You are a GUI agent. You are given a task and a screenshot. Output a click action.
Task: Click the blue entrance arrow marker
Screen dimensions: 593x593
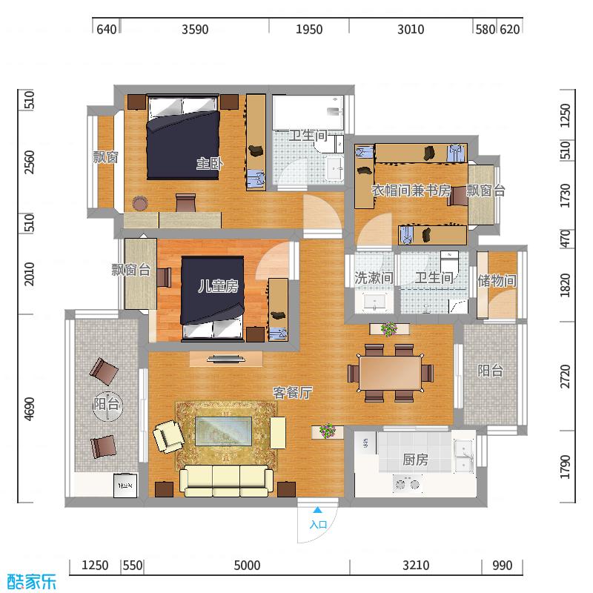click(318, 509)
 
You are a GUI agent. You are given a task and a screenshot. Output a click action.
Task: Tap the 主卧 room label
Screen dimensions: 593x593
click(210, 163)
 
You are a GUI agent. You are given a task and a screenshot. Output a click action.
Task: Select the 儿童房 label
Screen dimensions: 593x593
click(219, 286)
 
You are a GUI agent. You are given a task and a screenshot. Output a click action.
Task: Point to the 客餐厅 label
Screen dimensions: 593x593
click(292, 393)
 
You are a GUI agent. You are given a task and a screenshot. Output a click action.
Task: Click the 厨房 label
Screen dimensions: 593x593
click(415, 460)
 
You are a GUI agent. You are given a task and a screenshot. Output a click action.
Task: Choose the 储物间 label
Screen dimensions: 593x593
click(497, 280)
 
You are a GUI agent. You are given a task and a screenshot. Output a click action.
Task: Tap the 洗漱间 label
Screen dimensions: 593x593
click(374, 277)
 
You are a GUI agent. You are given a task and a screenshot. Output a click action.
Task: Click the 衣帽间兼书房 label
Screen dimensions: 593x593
click(411, 191)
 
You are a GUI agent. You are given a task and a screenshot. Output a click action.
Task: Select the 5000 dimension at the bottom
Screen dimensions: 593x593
click(247, 566)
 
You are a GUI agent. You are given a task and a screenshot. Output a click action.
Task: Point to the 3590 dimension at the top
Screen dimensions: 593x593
click(195, 30)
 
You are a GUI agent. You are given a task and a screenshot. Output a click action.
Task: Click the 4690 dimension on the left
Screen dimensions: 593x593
click(29, 409)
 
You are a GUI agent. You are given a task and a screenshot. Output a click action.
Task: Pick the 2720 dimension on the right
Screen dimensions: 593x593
click(565, 377)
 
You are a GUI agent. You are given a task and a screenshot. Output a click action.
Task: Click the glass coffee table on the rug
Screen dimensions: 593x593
click(223, 431)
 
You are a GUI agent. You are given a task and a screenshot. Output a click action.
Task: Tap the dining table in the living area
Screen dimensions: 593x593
click(391, 373)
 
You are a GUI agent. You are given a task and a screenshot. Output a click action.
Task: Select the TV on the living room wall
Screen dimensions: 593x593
click(226, 358)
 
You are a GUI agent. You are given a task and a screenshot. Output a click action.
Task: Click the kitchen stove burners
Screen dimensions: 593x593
click(406, 484)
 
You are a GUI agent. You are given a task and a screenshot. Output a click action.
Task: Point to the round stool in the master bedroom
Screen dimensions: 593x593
click(139, 203)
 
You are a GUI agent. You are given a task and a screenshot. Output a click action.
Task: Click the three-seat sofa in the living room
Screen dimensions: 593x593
click(226, 480)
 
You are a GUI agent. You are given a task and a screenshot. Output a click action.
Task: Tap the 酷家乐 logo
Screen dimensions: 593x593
click(32, 582)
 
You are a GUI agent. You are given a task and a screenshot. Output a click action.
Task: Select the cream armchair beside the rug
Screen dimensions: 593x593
click(168, 437)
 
